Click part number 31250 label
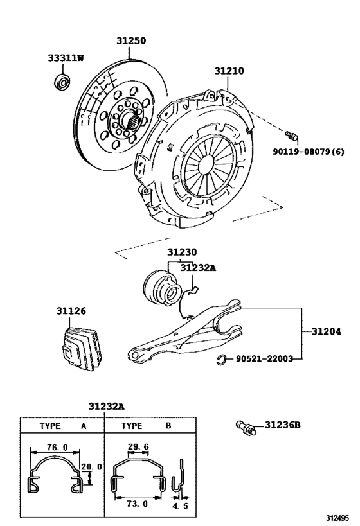click(131, 40)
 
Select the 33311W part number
click(66, 58)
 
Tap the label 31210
click(230, 72)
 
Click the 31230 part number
click(182, 252)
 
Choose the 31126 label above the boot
click(70, 311)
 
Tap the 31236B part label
click(282, 425)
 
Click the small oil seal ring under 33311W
click(62, 81)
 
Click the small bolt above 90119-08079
click(291, 134)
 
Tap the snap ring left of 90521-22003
click(220, 359)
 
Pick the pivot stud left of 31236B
click(246, 426)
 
